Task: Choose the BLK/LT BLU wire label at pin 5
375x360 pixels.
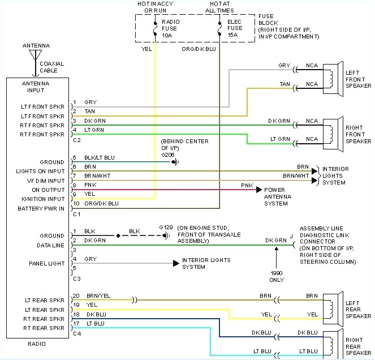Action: pos(100,158)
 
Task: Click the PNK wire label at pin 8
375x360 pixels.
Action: pos(89,185)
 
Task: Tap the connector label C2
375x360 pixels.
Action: pos(77,139)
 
